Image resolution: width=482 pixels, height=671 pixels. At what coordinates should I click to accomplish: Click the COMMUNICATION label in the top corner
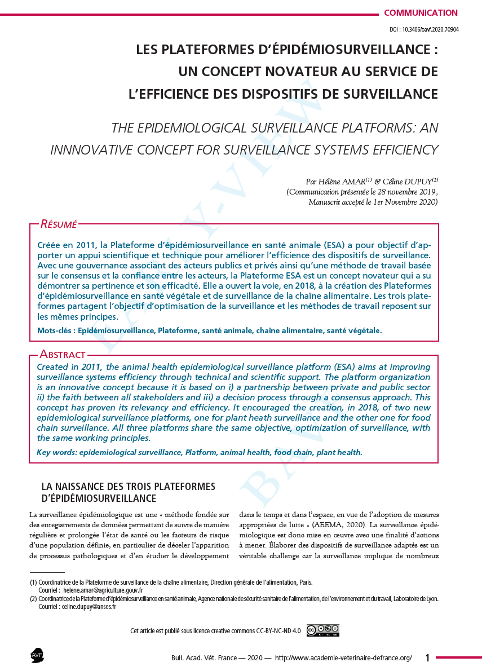click(421, 13)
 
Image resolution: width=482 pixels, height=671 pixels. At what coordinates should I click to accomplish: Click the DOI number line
click(424, 29)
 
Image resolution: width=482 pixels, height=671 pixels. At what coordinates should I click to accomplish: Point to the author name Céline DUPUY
click(411, 182)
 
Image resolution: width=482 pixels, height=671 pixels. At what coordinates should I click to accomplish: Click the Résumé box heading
click(58, 224)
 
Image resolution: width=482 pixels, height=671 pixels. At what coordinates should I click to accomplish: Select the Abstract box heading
click(62, 355)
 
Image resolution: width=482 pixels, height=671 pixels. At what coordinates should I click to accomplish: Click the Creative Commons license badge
click(323, 630)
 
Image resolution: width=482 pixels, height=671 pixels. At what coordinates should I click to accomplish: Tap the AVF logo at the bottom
click(37, 656)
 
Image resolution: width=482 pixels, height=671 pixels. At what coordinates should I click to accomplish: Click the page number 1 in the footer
click(427, 657)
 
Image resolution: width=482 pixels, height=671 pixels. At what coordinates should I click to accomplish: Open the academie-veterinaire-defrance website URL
click(343, 658)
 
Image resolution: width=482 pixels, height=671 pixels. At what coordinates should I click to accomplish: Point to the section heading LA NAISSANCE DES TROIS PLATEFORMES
click(128, 487)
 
